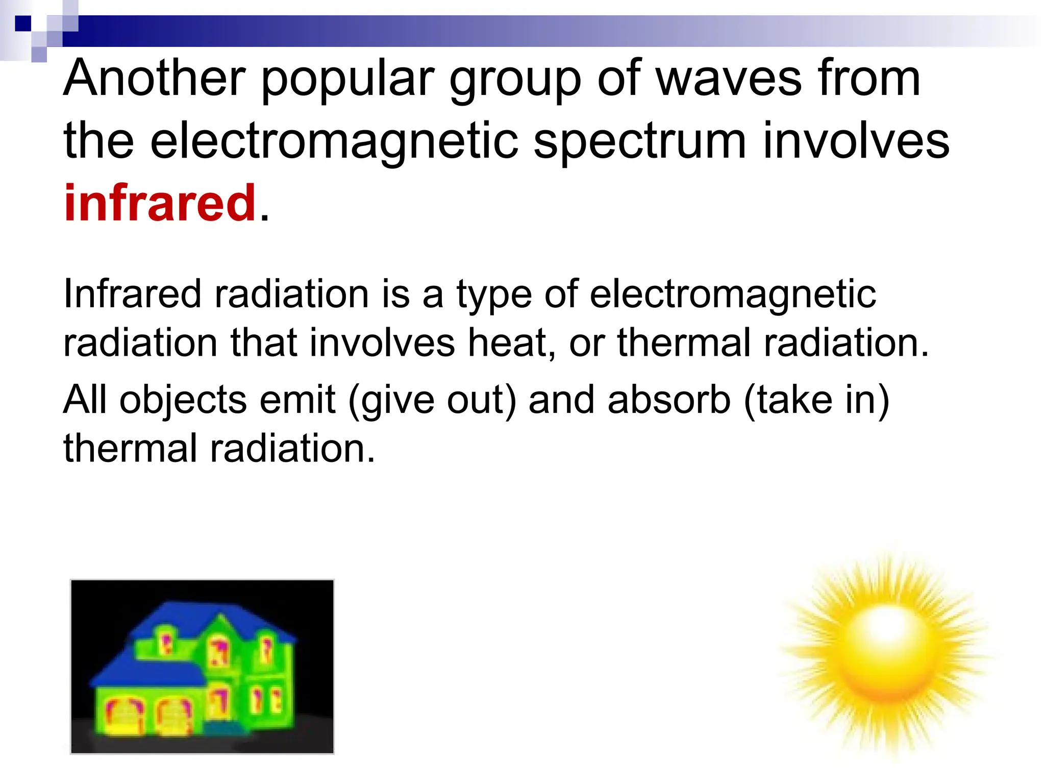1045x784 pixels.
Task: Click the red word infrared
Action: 160,203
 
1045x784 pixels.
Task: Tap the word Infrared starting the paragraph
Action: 132,295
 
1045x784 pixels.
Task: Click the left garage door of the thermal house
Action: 122,715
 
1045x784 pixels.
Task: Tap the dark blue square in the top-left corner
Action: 23,23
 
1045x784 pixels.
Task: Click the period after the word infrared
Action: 264,217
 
